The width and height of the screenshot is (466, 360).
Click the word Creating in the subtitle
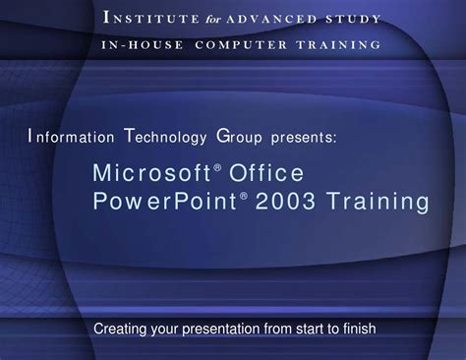[x=119, y=328]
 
